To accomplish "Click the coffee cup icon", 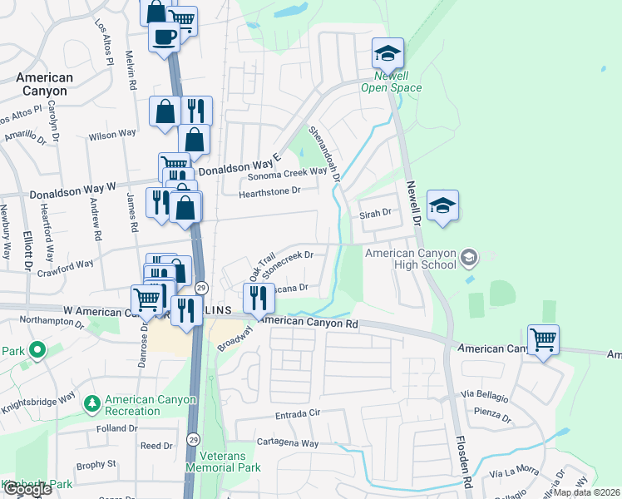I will (165, 37).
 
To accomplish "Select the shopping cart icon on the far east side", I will (543, 339).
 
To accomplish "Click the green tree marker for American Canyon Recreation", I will (91, 405).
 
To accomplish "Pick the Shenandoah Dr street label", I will (325, 153).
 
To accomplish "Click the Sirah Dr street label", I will (375, 214).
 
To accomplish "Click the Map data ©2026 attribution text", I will (586, 492).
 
